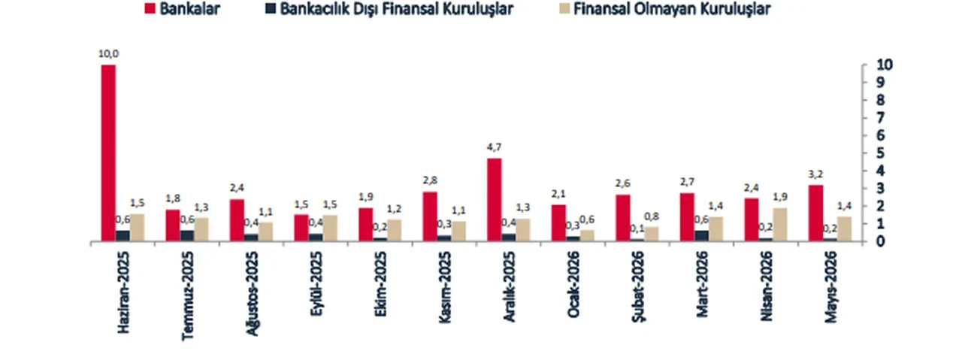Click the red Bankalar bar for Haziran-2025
tap(108, 153)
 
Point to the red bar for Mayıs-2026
tap(815, 213)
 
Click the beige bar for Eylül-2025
tap(331, 228)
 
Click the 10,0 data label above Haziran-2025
tap(108, 54)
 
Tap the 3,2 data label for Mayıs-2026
tap(815, 174)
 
